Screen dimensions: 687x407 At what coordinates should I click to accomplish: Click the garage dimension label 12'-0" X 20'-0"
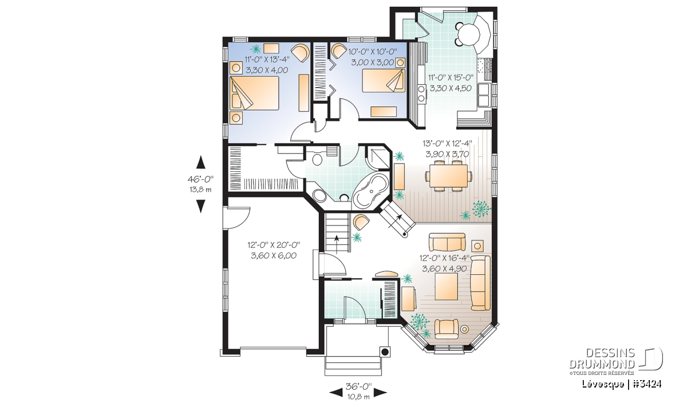(274, 245)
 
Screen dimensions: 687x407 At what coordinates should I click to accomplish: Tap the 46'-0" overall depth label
(200, 179)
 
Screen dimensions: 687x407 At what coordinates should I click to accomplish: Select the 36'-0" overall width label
(358, 385)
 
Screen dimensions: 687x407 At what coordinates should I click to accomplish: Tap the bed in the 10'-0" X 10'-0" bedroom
(384, 80)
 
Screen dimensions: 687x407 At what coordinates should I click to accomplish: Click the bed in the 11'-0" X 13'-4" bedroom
(254, 93)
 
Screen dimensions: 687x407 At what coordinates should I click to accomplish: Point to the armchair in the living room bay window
(447, 329)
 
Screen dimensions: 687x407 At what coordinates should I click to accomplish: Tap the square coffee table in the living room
(446, 286)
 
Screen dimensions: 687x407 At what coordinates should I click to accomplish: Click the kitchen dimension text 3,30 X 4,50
(451, 89)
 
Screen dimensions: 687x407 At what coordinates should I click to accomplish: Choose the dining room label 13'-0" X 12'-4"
(447, 144)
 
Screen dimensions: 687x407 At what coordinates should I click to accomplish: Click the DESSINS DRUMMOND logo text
(602, 358)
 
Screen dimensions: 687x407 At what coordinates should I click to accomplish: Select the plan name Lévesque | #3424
(621, 384)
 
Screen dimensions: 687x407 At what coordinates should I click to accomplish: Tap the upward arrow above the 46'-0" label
(200, 162)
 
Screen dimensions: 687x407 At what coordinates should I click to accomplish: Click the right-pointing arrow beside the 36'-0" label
(380, 392)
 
